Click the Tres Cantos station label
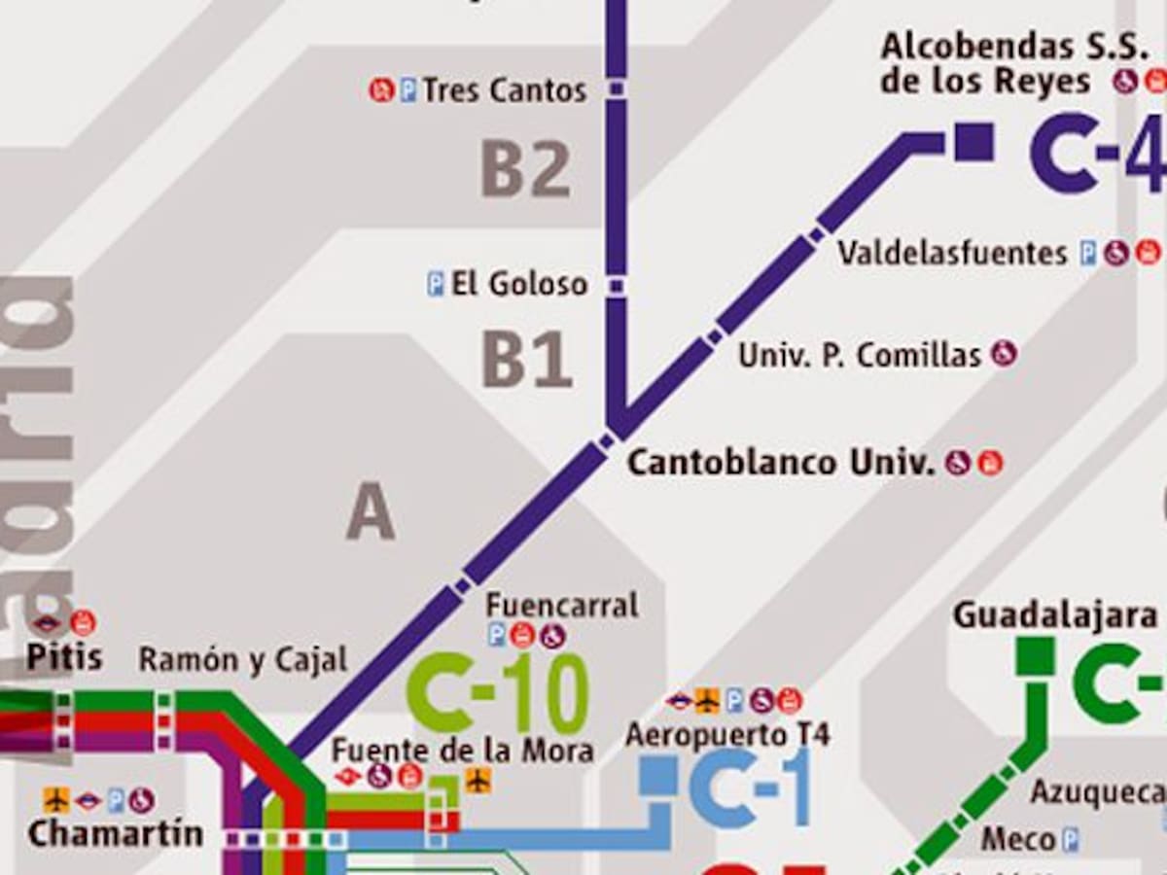point(505,90)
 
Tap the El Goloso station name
point(519,284)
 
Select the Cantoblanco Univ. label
point(780,463)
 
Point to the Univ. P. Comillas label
point(860,355)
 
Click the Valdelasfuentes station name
point(952,254)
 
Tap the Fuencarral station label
point(562,605)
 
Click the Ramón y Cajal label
point(242,660)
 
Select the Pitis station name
point(64,657)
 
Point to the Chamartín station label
point(116,834)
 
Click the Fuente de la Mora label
point(462,751)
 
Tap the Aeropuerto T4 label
point(727,734)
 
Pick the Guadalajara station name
point(1055,615)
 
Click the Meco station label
point(1018,838)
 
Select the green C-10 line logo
point(499,693)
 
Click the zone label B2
point(525,170)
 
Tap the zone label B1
point(526,361)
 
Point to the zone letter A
point(371,511)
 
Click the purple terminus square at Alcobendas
point(973,142)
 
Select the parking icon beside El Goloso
point(436,284)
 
